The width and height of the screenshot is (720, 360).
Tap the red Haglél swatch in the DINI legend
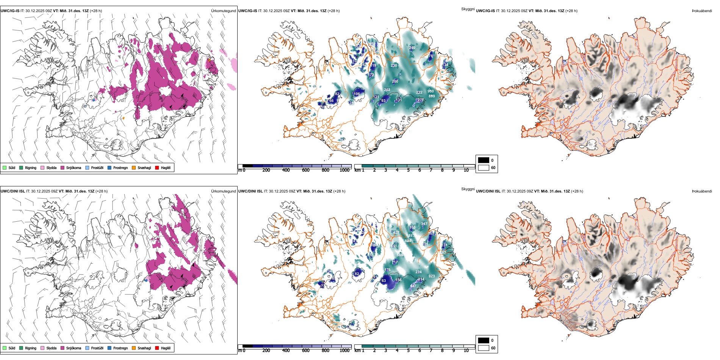point(157,348)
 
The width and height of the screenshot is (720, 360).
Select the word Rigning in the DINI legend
point(31,348)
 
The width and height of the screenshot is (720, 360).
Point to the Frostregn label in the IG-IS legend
point(121,167)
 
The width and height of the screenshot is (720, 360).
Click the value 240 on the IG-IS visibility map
point(412,48)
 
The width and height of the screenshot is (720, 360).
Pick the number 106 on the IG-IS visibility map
point(357,94)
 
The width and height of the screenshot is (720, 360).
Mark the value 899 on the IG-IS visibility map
point(432,96)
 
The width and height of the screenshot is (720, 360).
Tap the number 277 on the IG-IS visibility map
point(421,100)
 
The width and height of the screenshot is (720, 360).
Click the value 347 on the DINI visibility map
point(424,224)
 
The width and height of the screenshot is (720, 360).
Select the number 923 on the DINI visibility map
point(432,276)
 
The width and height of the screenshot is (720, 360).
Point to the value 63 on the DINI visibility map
point(383,281)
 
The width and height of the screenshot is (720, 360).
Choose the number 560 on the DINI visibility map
point(400,255)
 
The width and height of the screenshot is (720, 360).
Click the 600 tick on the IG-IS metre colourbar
point(306,170)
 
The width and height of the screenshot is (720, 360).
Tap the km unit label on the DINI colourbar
point(357,351)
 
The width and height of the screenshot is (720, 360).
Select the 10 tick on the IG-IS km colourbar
point(466,170)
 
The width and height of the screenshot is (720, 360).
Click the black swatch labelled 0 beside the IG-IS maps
point(484,160)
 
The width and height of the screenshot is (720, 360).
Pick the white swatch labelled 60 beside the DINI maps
point(484,348)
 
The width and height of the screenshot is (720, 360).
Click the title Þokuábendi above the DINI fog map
point(702,191)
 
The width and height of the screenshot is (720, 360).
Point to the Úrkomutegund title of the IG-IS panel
point(223,11)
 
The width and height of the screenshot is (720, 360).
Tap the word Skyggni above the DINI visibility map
point(468,189)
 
